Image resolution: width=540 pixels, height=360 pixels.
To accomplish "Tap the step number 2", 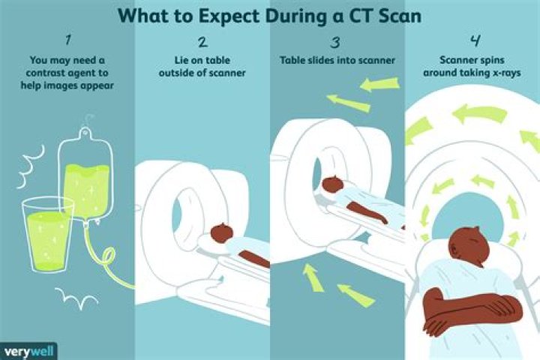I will click(202, 43).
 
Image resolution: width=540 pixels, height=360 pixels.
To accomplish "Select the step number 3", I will click(337, 43).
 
